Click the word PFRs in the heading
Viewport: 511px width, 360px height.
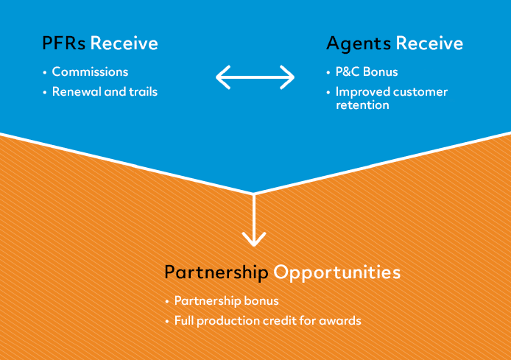pyautogui.click(x=64, y=43)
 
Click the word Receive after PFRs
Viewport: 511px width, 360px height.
pyautogui.click(x=124, y=43)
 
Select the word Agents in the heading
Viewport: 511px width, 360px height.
pyautogui.click(x=359, y=43)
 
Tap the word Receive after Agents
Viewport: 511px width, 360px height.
pyautogui.click(x=429, y=43)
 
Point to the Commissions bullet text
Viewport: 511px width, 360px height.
pyautogui.click(x=90, y=72)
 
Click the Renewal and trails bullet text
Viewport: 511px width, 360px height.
pyautogui.click(x=105, y=92)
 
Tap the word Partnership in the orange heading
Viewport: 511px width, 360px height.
pyautogui.click(x=216, y=272)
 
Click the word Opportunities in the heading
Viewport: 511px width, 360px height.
pyautogui.click(x=337, y=272)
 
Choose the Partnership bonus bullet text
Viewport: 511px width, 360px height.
pyautogui.click(x=227, y=301)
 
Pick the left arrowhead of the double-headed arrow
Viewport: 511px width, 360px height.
pyautogui.click(x=220, y=77)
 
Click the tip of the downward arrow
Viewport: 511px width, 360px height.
pyautogui.click(x=254, y=244)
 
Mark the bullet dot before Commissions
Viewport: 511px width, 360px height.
pyautogui.click(x=45, y=73)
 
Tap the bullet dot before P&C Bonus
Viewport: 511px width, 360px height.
pyautogui.click(x=328, y=73)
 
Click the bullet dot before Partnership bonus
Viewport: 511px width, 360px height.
pyautogui.click(x=167, y=302)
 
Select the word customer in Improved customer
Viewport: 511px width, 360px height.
pyautogui.click(x=416, y=92)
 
